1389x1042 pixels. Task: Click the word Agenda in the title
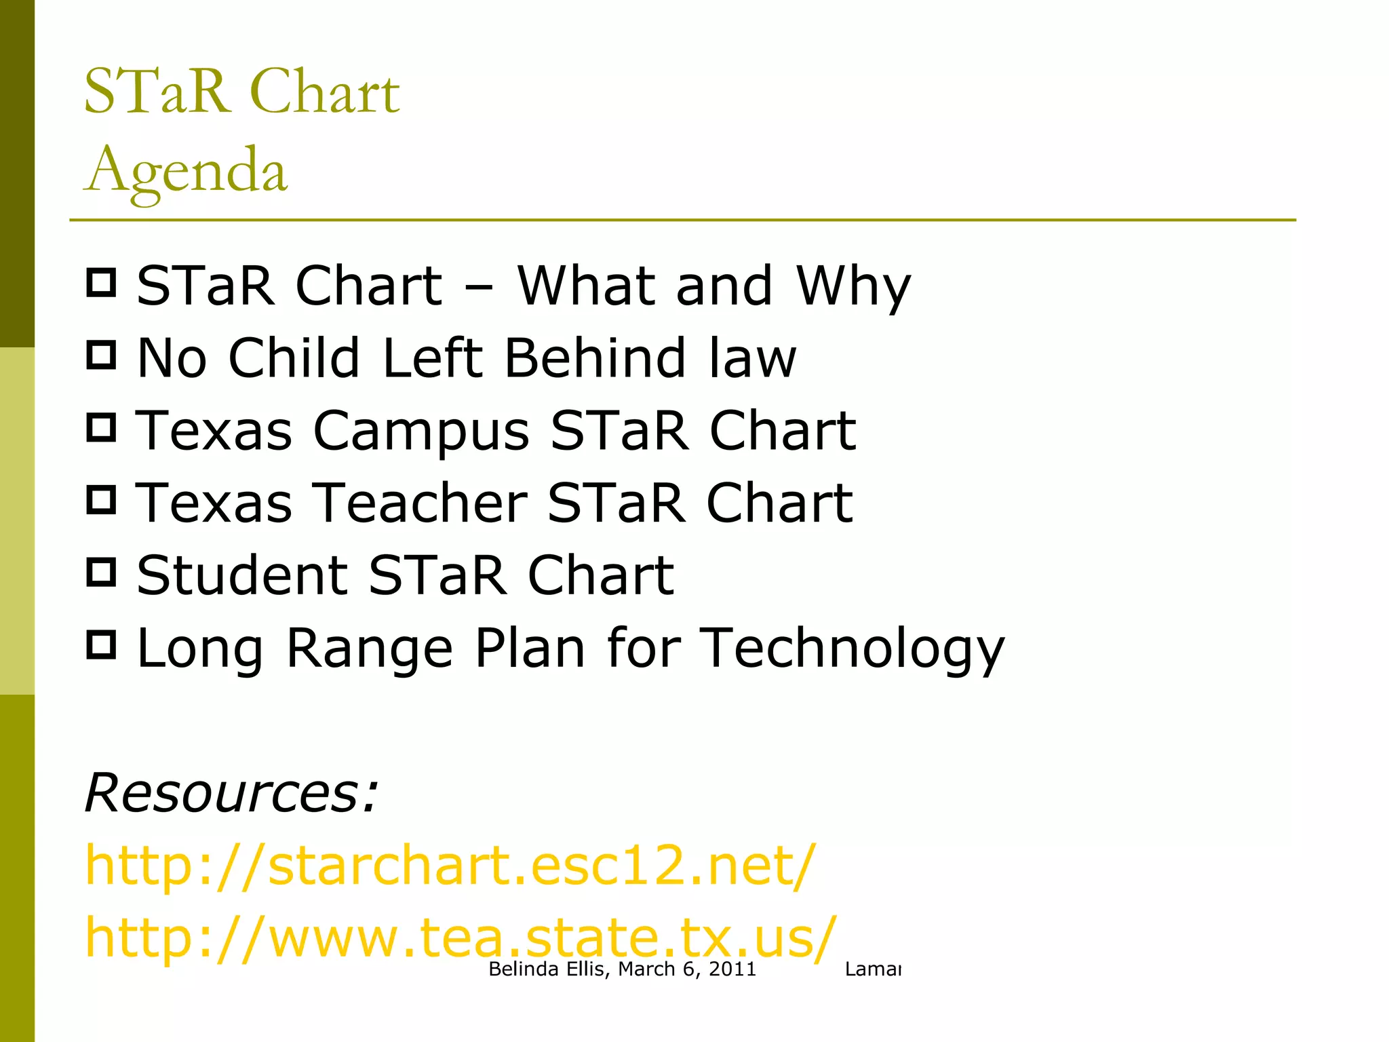click(x=186, y=170)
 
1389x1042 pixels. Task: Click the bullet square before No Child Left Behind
click(x=102, y=355)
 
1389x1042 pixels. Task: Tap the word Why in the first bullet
click(x=853, y=286)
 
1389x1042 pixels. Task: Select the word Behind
click(x=595, y=358)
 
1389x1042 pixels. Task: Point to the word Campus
click(x=420, y=431)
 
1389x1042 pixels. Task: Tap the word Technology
click(x=851, y=649)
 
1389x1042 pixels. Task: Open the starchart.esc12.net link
click(x=450, y=866)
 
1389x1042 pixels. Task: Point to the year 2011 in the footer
click(x=732, y=969)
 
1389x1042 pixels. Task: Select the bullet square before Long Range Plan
click(x=102, y=644)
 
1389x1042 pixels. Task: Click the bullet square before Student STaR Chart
click(x=102, y=572)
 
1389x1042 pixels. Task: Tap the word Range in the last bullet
click(x=369, y=649)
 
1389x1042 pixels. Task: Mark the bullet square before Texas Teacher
click(x=102, y=500)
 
